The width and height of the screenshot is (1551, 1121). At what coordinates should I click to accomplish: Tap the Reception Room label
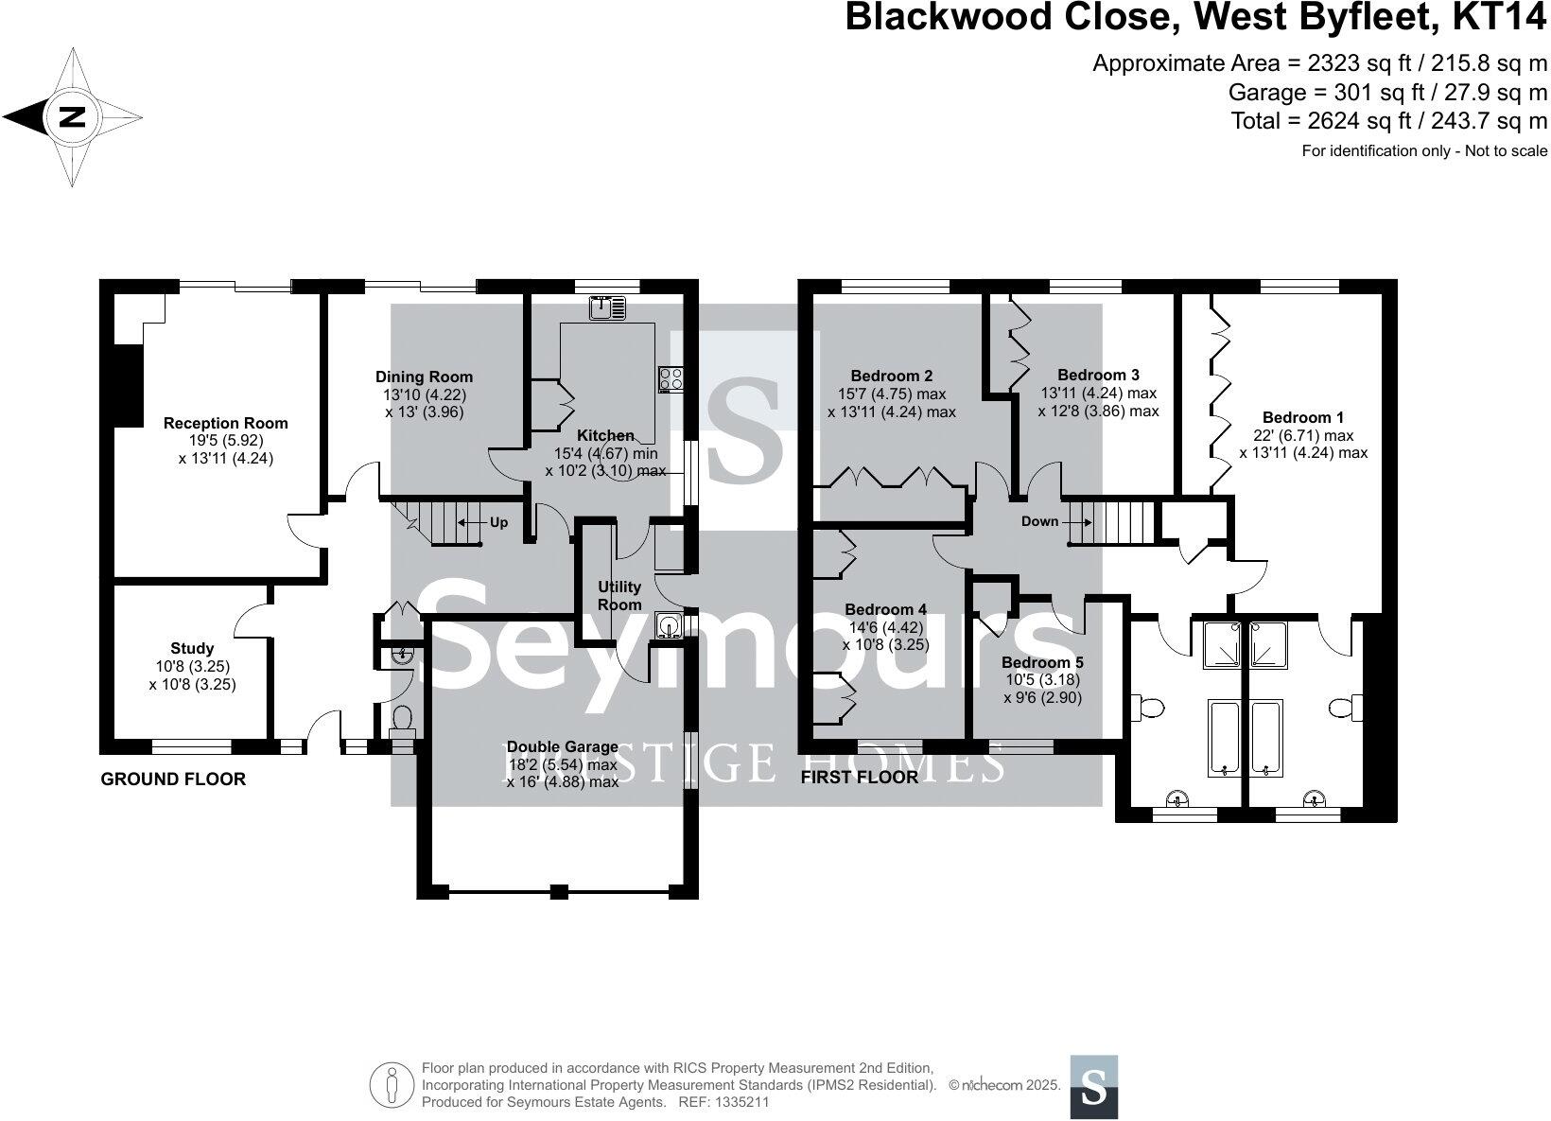tap(225, 423)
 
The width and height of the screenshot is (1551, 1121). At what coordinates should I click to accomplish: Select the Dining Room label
tap(424, 377)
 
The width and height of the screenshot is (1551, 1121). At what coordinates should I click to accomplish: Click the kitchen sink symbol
tap(607, 307)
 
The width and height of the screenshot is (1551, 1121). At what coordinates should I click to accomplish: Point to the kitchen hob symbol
tap(671, 378)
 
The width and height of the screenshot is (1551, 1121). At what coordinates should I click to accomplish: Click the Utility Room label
tap(619, 596)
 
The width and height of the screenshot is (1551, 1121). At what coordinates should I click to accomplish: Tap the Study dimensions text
tap(192, 675)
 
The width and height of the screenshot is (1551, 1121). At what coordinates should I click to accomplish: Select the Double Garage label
tap(563, 746)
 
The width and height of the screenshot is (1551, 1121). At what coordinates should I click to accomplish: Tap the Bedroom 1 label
tap(1302, 417)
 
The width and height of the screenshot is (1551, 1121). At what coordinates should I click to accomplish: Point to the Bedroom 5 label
tap(1042, 662)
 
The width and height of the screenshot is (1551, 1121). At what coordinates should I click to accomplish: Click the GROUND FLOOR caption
tap(173, 779)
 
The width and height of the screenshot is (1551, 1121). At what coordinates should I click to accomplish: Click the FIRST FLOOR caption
tap(859, 778)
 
